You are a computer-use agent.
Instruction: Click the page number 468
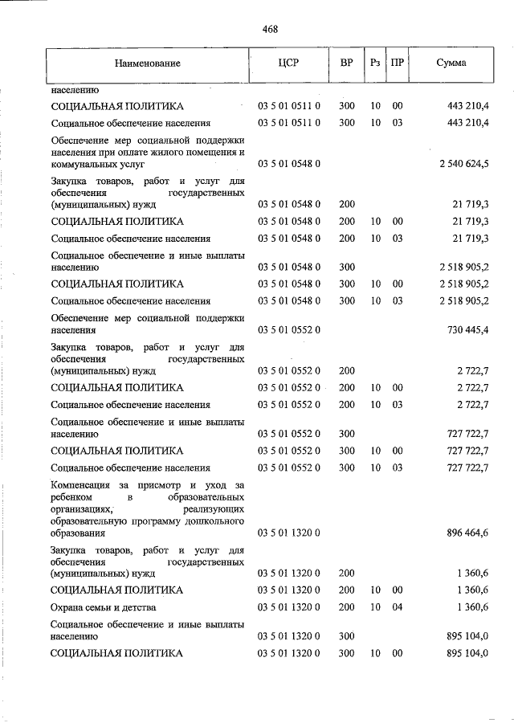point(270,30)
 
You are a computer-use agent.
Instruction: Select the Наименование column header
point(147,63)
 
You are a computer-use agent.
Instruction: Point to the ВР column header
point(347,63)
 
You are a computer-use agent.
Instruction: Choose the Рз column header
point(375,63)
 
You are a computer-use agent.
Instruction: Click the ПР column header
point(397,63)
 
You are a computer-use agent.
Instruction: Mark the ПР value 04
point(397,607)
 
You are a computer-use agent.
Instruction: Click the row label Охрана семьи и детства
point(103,607)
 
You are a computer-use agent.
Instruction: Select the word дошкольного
point(217,521)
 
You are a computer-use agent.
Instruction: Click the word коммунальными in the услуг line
point(81,164)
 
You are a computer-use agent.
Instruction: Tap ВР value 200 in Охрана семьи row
point(347,607)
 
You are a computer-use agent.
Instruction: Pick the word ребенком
point(71,497)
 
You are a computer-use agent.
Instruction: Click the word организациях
point(80,509)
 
